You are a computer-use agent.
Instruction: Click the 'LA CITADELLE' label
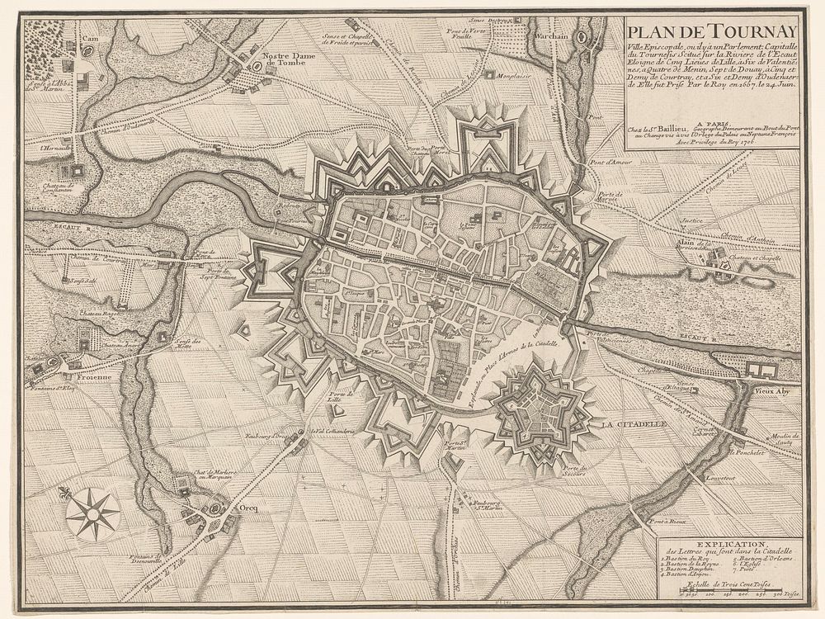click(x=633, y=424)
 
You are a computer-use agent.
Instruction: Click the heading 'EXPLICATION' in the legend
click(x=724, y=546)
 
